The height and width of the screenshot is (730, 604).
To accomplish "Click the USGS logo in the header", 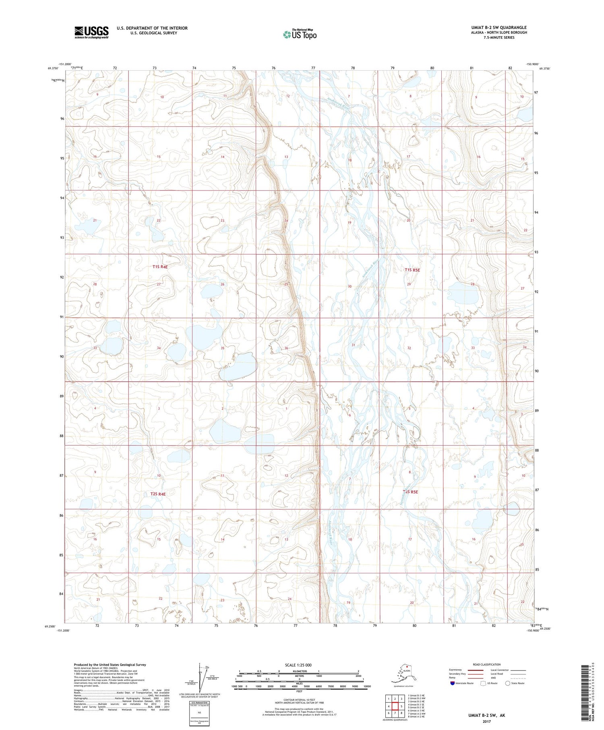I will click(91, 32).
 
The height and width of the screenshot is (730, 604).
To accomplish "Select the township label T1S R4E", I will click(160, 267).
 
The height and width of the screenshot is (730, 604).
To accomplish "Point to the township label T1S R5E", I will click(412, 270).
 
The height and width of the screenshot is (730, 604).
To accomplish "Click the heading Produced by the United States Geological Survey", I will click(110, 665).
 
